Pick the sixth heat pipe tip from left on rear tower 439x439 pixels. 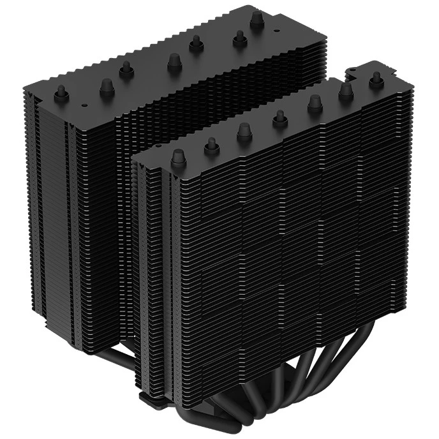tap(240, 39)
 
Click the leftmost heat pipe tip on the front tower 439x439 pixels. tap(178, 156)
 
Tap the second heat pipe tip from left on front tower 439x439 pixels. tap(211, 145)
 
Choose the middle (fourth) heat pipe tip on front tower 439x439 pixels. tap(279, 117)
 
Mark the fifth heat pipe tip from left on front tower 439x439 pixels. tap(315, 102)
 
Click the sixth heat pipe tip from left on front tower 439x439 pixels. tap(346, 90)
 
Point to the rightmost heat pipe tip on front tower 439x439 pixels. tap(376, 78)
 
